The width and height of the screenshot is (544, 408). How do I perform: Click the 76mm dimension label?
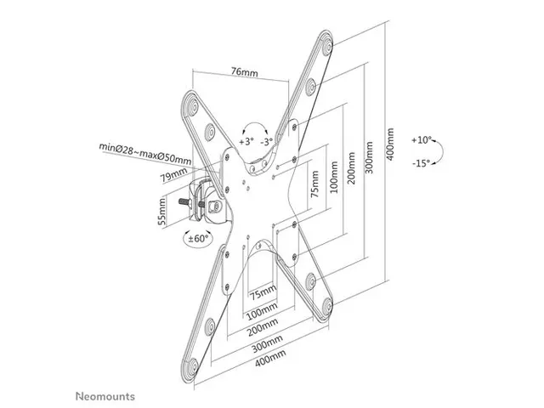pyautogui.click(x=245, y=71)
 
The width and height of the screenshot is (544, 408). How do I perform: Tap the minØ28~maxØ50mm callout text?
pyautogui.click(x=145, y=153)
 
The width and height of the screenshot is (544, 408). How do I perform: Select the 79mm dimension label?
pyautogui.click(x=173, y=175)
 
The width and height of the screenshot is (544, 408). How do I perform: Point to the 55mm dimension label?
pyautogui.click(x=162, y=211)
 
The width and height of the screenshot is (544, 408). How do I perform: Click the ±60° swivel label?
pyautogui.click(x=198, y=238)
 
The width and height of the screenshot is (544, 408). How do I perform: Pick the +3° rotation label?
pyautogui.click(x=246, y=142)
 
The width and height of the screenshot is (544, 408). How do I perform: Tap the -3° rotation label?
pyautogui.click(x=266, y=142)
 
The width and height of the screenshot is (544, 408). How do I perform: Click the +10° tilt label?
pyautogui.click(x=422, y=140)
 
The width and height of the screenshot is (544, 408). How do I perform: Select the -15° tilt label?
pyautogui.click(x=422, y=162)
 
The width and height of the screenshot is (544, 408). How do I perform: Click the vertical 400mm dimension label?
pyautogui.click(x=390, y=144)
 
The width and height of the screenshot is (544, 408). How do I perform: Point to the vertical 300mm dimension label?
pyautogui.click(x=369, y=157)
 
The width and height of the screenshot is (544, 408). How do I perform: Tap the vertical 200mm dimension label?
pyautogui.click(x=351, y=168)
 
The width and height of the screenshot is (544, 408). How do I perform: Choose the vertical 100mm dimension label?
pyautogui.click(x=334, y=177)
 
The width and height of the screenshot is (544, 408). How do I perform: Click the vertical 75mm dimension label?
pyautogui.click(x=314, y=184)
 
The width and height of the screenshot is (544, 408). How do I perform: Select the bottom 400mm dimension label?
pyautogui.click(x=270, y=358)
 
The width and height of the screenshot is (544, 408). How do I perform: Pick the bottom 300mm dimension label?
pyautogui.click(x=267, y=343)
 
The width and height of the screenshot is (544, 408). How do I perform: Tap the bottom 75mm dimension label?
pyautogui.click(x=263, y=292)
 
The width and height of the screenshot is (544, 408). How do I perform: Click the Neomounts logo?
pyautogui.click(x=105, y=396)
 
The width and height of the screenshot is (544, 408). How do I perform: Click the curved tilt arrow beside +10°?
pyautogui.click(x=439, y=151)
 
